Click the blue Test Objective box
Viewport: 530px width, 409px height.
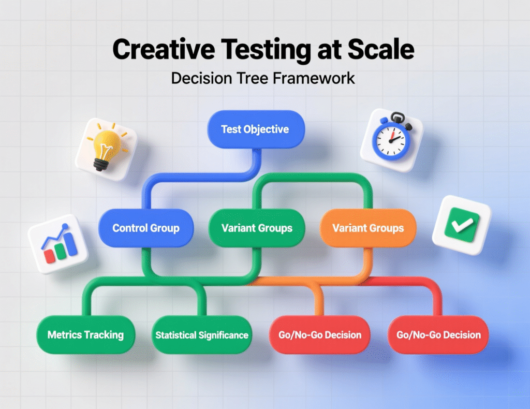point(255,129)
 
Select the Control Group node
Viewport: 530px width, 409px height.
point(146,228)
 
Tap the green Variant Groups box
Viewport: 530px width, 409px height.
point(257,228)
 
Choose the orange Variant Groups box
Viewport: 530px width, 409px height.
point(367,228)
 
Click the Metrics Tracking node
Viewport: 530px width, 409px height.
point(85,334)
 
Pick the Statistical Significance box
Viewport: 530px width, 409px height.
point(202,334)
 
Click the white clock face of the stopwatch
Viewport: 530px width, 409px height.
point(391,139)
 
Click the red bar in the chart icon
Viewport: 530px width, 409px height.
point(50,256)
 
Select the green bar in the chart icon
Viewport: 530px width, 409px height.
point(60,252)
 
